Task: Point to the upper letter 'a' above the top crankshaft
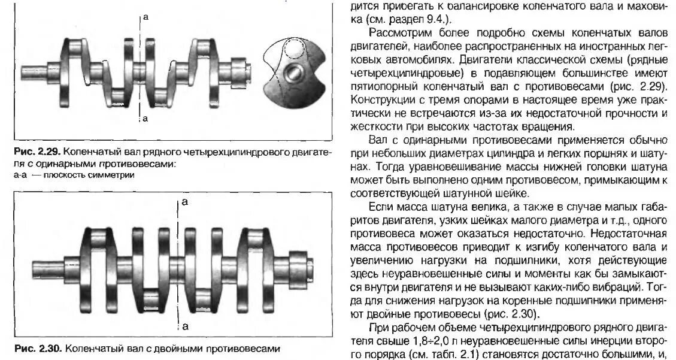[145, 19]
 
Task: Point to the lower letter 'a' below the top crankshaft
[145, 119]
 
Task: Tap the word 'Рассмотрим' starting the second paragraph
[395, 32]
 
